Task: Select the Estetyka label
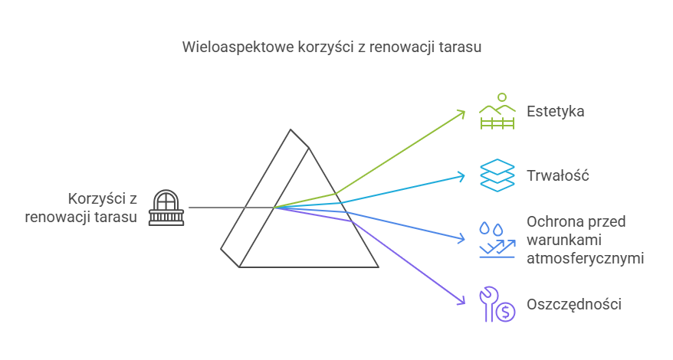click(555, 112)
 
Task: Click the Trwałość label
click(557, 175)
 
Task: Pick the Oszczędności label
click(573, 304)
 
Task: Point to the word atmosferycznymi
click(585, 257)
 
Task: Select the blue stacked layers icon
click(496, 175)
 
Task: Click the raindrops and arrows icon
click(496, 240)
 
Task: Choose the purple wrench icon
click(488, 303)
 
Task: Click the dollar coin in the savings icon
click(504, 311)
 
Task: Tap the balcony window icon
click(166, 208)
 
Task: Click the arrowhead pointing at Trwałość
click(461, 176)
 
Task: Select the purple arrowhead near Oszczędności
click(461, 301)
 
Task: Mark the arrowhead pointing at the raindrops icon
click(461, 238)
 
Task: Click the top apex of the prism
click(290, 130)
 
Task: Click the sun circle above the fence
click(502, 97)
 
